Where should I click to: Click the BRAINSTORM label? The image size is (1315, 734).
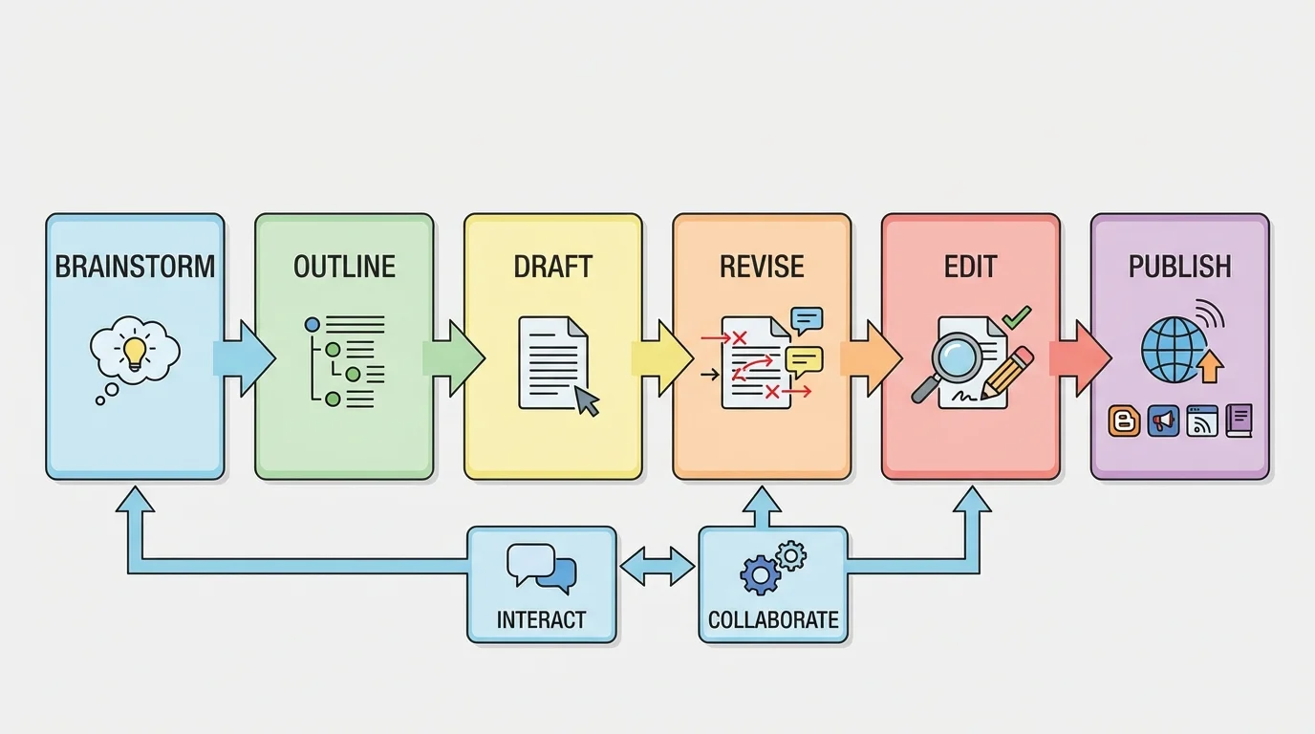[x=135, y=267]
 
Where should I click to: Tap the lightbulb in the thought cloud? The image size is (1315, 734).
[x=135, y=351]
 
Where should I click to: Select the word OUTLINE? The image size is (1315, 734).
[x=344, y=267]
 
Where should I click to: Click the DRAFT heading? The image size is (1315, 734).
[x=552, y=267]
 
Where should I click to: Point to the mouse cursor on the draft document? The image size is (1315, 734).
[x=586, y=400]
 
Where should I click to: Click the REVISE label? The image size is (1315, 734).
[x=762, y=267]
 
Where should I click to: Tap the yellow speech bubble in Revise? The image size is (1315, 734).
[x=804, y=360]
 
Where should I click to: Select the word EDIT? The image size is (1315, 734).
[x=970, y=267]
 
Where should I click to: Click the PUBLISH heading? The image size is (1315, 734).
[x=1179, y=267]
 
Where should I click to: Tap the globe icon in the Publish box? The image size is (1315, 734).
[x=1171, y=351]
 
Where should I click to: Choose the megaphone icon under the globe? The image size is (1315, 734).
[x=1163, y=421]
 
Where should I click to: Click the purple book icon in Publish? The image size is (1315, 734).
[x=1239, y=421]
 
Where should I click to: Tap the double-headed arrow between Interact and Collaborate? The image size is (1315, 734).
[x=657, y=567]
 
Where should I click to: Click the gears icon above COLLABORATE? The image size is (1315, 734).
[x=773, y=568]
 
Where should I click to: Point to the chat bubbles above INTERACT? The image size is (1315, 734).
[x=542, y=567]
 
